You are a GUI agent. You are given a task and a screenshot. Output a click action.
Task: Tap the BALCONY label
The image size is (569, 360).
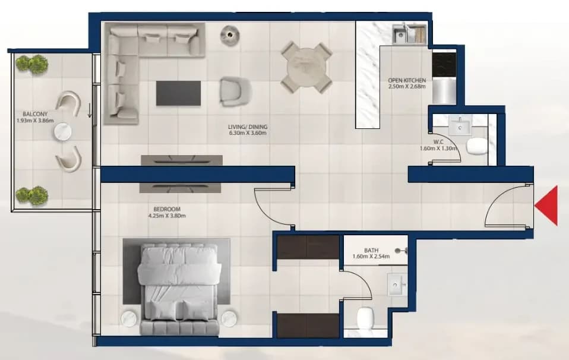35,114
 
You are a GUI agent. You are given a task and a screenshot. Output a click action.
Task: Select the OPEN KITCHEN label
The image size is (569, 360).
407,80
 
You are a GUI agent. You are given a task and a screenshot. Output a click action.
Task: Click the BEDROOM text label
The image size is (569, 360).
167,209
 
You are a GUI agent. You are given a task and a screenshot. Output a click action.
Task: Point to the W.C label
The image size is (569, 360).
438,142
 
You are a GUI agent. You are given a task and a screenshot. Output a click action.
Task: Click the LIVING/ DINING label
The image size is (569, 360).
248,127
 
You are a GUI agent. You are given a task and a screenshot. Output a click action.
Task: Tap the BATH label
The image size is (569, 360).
371,251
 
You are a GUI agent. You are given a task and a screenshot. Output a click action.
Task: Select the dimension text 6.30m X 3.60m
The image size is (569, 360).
248,133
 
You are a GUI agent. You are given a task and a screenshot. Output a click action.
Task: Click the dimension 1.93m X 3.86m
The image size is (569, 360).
35,121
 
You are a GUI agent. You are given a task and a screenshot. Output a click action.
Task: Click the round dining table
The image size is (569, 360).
306,68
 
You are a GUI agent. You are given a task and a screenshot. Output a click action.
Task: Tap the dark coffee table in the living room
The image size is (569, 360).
178,93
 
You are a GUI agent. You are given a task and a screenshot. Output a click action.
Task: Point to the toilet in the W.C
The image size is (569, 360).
477,146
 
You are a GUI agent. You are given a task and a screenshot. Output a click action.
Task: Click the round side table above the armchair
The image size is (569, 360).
230,35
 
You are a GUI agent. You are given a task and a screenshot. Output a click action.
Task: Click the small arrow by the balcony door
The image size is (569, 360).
90,110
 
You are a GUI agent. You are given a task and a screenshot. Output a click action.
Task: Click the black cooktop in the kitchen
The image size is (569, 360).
444,65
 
